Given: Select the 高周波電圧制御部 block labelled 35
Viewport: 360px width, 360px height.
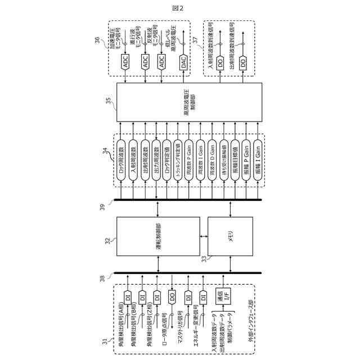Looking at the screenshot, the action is pos(189,102).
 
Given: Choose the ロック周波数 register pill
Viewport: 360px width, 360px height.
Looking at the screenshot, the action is pos(121,160).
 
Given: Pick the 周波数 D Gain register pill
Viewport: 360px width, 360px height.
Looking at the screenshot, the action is pos(212,160).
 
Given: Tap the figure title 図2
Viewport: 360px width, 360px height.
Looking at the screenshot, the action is pos(179,7).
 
